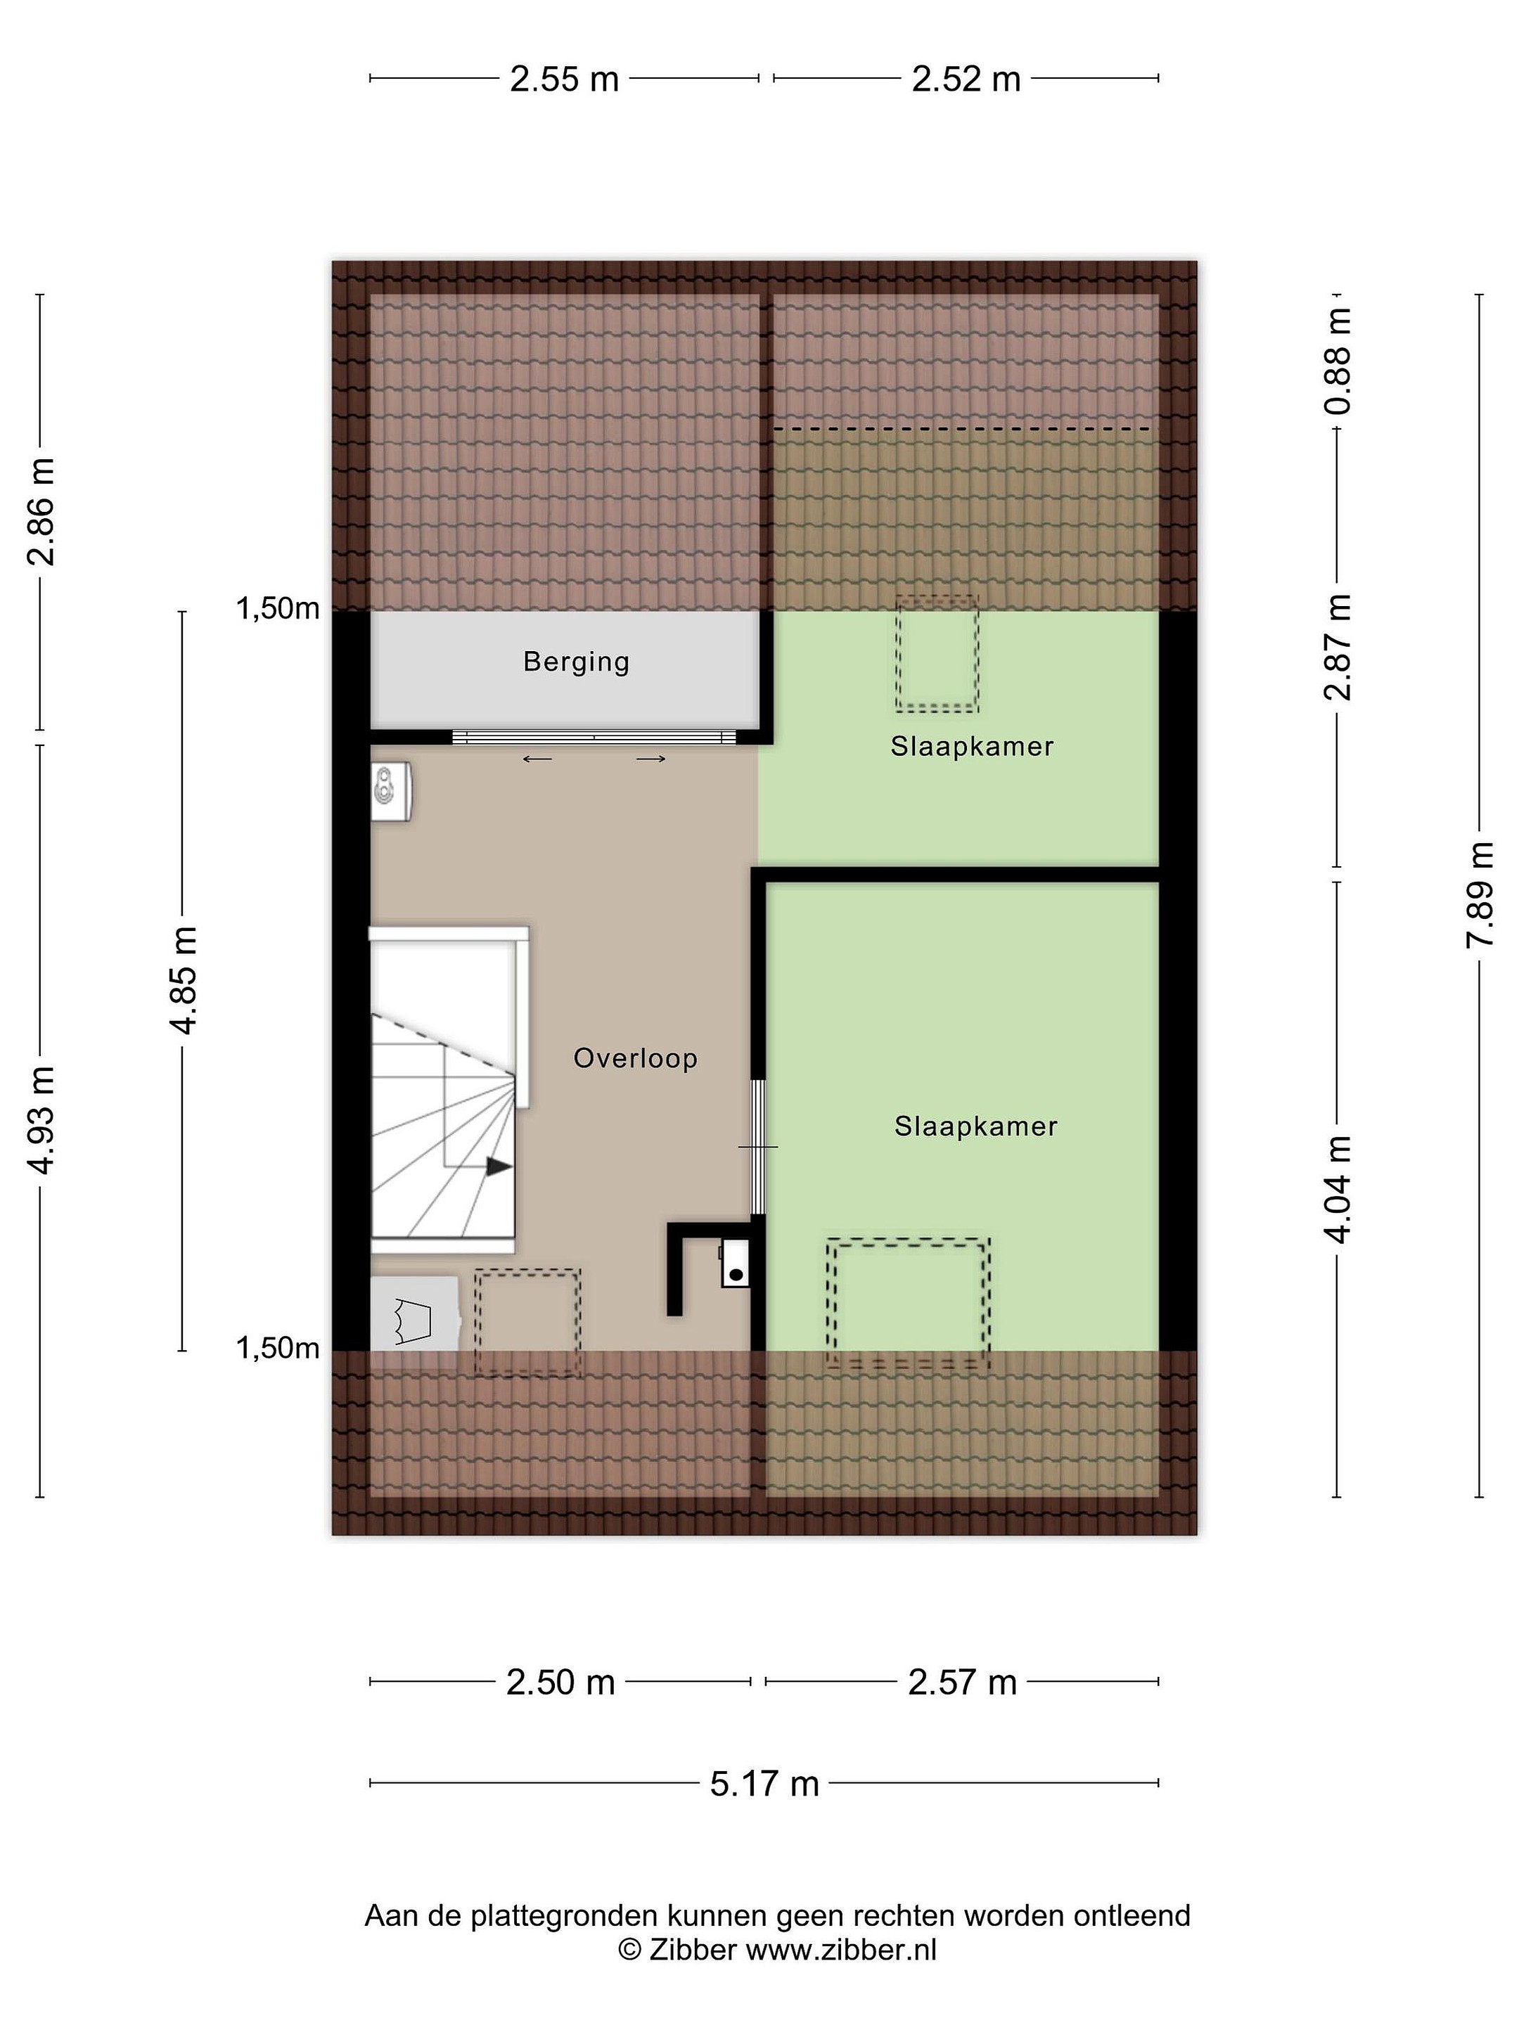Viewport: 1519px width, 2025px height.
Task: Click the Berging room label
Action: tap(576, 661)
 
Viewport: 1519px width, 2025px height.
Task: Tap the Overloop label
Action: tap(636, 1058)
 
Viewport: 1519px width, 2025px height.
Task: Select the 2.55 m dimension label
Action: tap(564, 79)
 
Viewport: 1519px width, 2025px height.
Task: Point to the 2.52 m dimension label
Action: tap(966, 79)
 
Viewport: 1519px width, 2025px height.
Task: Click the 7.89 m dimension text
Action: tap(1480, 894)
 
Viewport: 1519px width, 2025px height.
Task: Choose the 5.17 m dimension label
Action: tap(764, 1783)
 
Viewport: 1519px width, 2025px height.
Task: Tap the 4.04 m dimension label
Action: tap(1338, 1189)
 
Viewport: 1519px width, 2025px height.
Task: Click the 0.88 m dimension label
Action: tap(1338, 361)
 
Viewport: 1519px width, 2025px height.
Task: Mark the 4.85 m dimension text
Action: tap(185, 980)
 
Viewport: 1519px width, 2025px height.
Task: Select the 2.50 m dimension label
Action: tap(560, 1683)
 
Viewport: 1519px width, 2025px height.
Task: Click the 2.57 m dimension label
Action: tap(962, 1683)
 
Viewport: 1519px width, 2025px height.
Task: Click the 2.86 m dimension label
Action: tap(42, 512)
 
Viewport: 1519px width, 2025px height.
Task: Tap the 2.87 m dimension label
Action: tap(1338, 646)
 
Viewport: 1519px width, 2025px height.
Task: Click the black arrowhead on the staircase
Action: tap(498, 1166)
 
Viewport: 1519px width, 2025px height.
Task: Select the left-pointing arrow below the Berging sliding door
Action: tap(537, 758)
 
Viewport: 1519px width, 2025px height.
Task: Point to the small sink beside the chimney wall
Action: tap(735, 1264)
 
